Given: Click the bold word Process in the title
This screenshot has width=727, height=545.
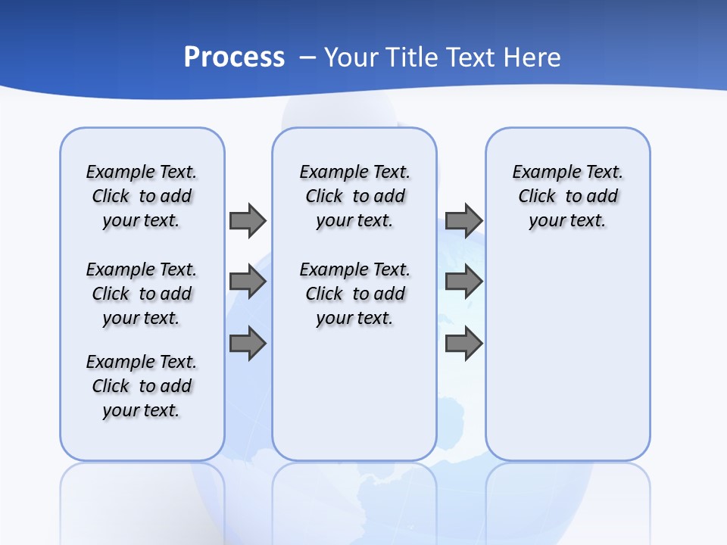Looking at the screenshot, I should click(234, 57).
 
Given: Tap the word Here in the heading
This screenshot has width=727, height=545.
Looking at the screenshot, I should click(533, 57).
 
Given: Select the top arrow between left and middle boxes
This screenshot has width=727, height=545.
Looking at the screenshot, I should click(247, 220).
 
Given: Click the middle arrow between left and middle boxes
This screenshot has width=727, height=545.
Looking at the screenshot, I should click(247, 282).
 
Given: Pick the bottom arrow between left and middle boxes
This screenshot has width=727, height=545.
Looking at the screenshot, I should click(247, 344).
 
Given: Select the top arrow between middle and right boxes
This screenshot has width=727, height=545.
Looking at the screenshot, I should click(463, 220).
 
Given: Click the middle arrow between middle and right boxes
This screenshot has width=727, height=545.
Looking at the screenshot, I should click(463, 282).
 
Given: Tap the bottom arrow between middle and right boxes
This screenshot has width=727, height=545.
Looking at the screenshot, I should click(463, 344).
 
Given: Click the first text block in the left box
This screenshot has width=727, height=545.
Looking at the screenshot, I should click(142, 196).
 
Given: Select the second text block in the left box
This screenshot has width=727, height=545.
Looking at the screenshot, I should click(142, 294).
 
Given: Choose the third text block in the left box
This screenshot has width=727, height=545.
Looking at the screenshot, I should click(142, 386).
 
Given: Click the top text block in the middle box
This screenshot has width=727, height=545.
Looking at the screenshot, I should click(354, 196).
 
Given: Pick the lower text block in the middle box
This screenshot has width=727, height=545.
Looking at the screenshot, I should click(354, 294).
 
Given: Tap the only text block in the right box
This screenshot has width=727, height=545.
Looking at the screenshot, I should click(567, 196).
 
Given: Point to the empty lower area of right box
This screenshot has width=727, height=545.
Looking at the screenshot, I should click(567, 356).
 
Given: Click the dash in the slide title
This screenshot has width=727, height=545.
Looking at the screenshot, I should click(308, 57).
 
